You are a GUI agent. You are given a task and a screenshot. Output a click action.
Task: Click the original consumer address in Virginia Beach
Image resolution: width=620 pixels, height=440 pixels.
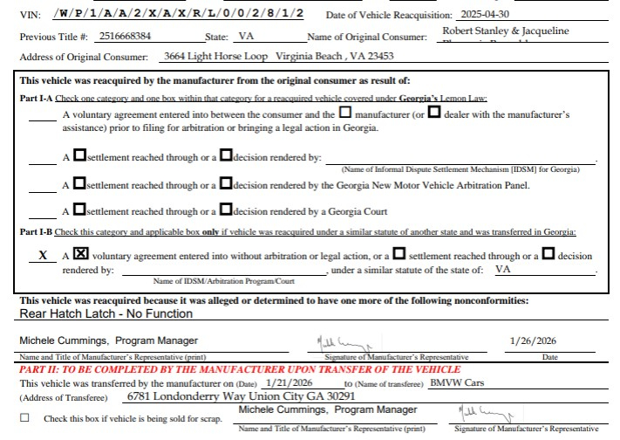click(x=278, y=56)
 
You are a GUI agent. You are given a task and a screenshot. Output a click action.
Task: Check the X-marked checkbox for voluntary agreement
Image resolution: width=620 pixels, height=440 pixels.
click(x=81, y=255)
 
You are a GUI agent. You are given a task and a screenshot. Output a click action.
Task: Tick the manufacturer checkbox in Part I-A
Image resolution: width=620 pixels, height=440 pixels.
click(x=345, y=113)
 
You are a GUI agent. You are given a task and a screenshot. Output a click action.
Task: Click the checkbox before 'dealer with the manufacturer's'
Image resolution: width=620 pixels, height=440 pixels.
click(x=434, y=113)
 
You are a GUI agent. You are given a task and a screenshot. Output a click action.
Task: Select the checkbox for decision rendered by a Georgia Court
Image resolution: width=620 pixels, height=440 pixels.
click(x=226, y=210)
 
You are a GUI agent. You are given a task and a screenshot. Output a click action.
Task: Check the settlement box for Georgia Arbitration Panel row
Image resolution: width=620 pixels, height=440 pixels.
click(x=80, y=184)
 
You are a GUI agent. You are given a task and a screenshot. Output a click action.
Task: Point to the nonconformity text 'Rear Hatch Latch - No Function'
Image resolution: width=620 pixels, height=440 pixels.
click(x=106, y=313)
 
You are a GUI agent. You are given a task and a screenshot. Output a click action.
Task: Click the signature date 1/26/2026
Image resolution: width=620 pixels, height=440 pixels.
click(x=533, y=340)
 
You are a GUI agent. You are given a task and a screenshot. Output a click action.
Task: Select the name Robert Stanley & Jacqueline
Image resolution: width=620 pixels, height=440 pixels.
click(x=506, y=31)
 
